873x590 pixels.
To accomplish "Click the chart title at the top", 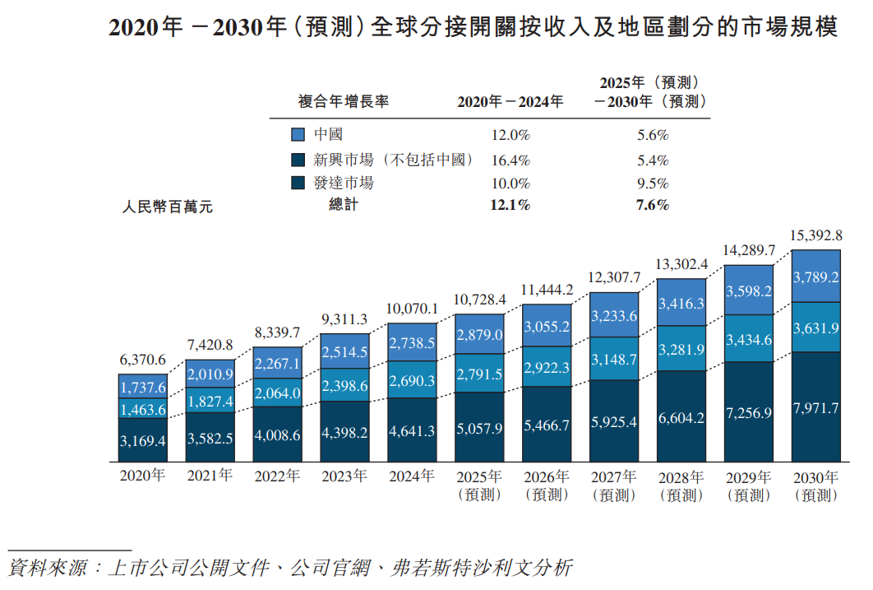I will pos(473,28).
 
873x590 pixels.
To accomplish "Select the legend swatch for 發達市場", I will pos(298,183).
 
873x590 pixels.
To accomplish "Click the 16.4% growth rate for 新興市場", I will pos(510,160).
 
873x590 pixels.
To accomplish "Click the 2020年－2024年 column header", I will pos(510,102).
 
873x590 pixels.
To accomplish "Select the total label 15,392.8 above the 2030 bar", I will pos(815,235).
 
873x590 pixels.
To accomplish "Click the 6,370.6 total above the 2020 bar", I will pos(143,360).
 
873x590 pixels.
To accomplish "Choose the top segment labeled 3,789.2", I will pos(815,277).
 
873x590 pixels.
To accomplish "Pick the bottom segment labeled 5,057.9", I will pos(479,427).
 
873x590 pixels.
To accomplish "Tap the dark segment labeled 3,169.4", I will pos(143,440).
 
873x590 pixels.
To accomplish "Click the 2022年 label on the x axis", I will pos(277,476).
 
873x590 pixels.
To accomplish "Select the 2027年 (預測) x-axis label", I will pos(613,485).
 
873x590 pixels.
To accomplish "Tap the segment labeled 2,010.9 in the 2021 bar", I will pos(210,374).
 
